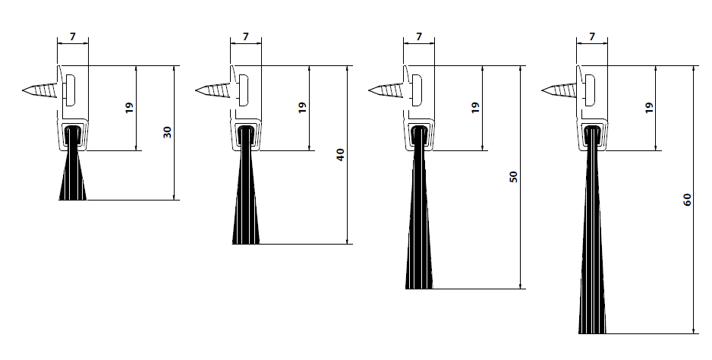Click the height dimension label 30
tap(168, 132)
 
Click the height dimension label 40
tap(341, 154)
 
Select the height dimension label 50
tap(514, 177)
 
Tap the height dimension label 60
tap(687, 199)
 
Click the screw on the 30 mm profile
tap(43, 91)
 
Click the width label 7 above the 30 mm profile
tap(73, 36)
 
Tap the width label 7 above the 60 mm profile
tap(592, 36)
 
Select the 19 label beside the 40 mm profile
tap(302, 108)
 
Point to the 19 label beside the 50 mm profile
tap(475, 108)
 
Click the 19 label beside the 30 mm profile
tap(129, 108)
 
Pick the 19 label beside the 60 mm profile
tap(648, 108)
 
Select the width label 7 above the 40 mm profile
tap(246, 36)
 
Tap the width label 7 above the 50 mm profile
tap(419, 36)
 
